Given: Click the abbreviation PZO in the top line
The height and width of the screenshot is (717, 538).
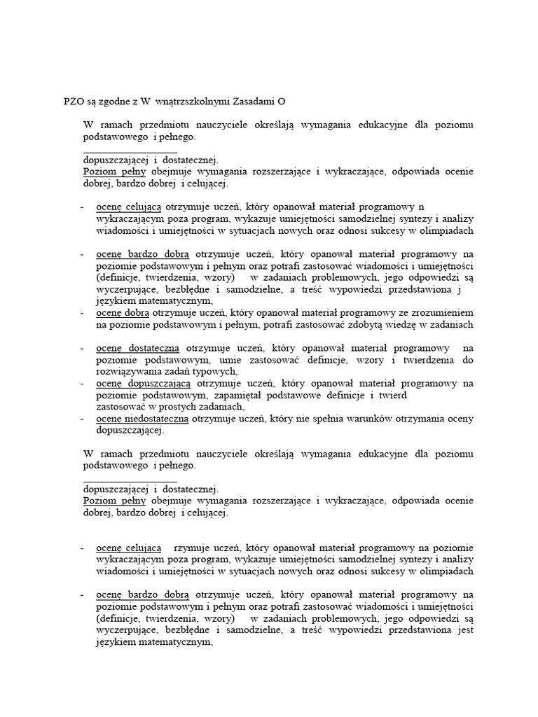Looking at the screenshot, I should (x=74, y=102).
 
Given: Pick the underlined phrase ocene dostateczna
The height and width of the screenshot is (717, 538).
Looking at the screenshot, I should (x=137, y=348).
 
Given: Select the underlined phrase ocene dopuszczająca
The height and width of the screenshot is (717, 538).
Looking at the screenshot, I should (x=143, y=383).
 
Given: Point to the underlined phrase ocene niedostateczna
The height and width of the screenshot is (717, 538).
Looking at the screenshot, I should (x=142, y=419).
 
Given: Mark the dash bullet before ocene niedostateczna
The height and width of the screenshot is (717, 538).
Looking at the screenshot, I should (x=83, y=419).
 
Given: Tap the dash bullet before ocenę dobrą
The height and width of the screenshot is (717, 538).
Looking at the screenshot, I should (x=83, y=312).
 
